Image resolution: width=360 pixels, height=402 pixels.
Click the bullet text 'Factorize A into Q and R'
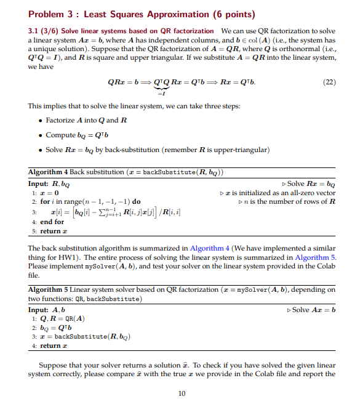coord(87,119)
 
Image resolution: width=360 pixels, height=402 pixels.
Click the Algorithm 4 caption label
coord(49,172)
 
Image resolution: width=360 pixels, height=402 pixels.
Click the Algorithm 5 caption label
coord(49,289)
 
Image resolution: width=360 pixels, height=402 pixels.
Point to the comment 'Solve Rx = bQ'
coord(311,183)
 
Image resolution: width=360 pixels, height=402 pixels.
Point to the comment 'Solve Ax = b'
coord(314,310)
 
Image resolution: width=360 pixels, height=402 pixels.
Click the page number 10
coord(181,394)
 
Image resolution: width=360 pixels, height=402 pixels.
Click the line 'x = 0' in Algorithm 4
coord(50,193)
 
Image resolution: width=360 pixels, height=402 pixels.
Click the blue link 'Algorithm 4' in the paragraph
coord(210,248)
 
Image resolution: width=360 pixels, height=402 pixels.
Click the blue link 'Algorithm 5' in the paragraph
coord(316,257)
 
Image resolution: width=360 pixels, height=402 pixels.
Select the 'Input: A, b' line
coord(47,310)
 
